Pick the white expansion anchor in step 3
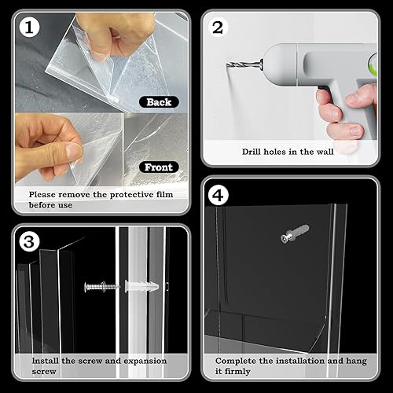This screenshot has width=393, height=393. tap(142, 285)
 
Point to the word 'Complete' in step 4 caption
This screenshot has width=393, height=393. tap(237, 360)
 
